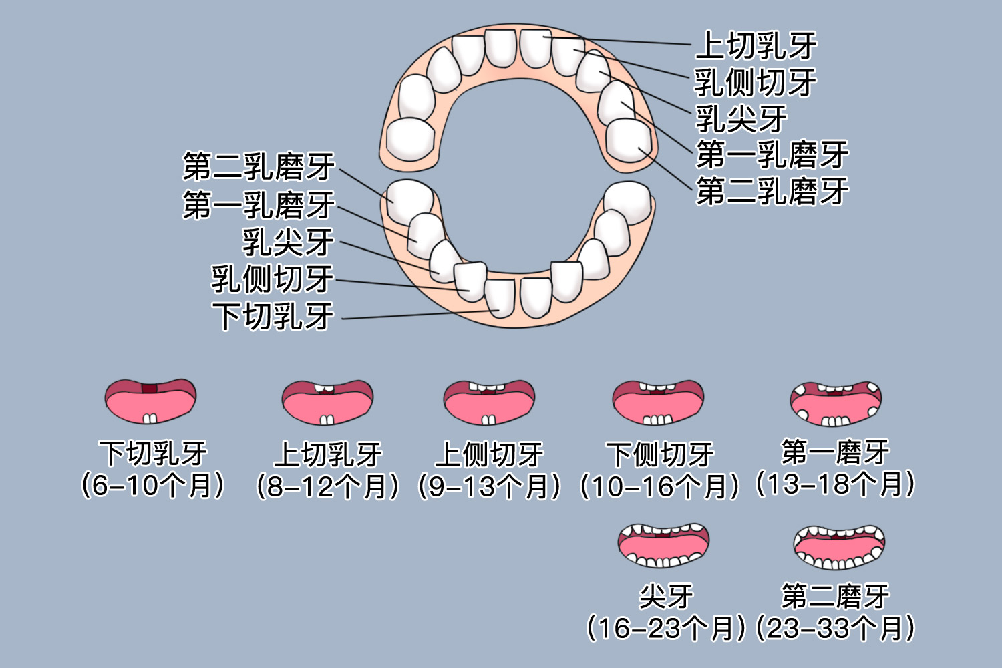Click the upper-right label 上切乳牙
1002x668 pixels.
pos(756,46)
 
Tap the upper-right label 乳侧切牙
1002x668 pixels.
pos(756,83)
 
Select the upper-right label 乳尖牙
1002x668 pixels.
pos(741,119)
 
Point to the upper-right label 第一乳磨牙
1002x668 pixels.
pos(772,155)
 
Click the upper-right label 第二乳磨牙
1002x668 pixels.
pos(772,191)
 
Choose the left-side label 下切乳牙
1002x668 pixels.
pos(273,316)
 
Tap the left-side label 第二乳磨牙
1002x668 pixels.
pos(259,167)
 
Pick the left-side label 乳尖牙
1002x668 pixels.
pos(287,242)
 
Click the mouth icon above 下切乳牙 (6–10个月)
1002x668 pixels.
pos(150,401)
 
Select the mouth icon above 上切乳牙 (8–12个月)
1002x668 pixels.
pos(327,402)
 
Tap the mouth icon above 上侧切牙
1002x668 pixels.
pos(489,402)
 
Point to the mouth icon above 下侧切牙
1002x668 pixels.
pos(659,402)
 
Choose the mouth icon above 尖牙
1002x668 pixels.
pos(663,544)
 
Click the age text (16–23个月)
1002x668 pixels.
pos(665,629)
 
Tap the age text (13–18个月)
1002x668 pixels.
pos(835,484)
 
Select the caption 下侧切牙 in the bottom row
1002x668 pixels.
pos(660,455)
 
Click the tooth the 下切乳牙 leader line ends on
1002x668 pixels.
pos(500,298)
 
